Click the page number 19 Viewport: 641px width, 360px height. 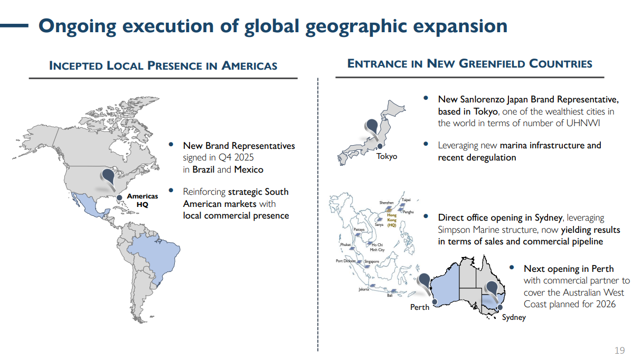[619, 350]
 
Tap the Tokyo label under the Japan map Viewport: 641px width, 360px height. [387, 157]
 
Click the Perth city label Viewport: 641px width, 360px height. [420, 307]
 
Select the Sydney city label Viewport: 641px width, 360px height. [514, 317]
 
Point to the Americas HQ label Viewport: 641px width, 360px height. [142, 200]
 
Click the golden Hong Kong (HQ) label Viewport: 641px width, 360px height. [392, 220]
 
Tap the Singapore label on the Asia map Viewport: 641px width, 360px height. [371, 262]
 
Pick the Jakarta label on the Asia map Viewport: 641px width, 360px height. [363, 289]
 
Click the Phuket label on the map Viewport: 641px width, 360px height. [345, 245]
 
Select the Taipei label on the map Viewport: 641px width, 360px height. [406, 200]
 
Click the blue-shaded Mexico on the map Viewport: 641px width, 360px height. [90, 205]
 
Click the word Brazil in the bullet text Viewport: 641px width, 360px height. [203, 169]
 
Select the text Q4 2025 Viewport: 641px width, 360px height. [236, 157]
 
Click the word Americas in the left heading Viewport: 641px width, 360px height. [249, 65]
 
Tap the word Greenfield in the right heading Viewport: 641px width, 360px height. [492, 63]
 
